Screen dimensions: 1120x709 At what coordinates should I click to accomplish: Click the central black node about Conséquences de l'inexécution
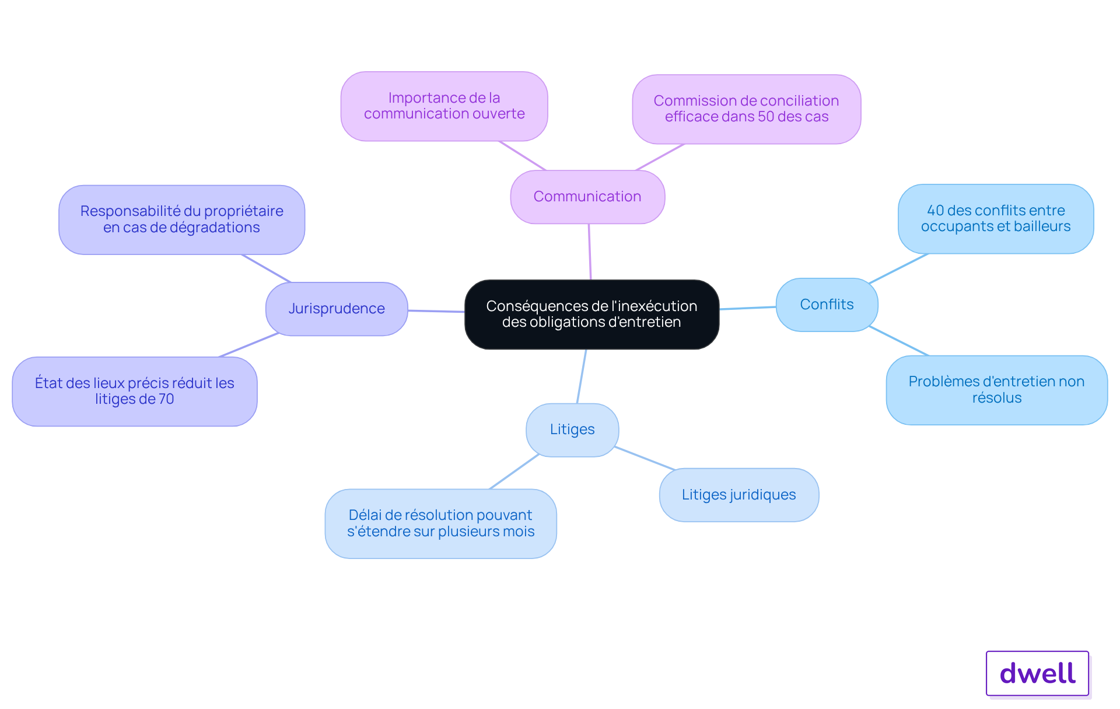(x=591, y=315)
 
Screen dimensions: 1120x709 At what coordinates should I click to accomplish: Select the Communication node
(x=587, y=197)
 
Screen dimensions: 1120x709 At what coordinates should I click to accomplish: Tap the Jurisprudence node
(x=337, y=309)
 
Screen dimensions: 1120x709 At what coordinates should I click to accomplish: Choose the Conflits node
(x=827, y=305)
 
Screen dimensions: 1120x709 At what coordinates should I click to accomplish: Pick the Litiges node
(x=572, y=430)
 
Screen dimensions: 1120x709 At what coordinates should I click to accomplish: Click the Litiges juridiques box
(x=739, y=495)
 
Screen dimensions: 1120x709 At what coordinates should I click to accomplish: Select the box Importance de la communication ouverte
(x=444, y=106)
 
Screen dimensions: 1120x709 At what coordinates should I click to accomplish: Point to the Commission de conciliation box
(x=747, y=109)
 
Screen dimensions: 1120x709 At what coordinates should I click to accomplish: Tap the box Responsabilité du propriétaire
(x=181, y=220)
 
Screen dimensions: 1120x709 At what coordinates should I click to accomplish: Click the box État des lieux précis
(x=135, y=392)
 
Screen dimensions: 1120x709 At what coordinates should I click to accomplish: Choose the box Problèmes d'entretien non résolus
(x=997, y=390)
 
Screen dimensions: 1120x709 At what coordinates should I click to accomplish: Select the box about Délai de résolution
(x=440, y=523)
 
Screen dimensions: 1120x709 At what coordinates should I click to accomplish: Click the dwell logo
(x=1038, y=673)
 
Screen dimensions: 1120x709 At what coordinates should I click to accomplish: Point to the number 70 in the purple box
(x=166, y=399)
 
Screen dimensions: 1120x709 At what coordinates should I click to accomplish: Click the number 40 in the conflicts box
(x=936, y=211)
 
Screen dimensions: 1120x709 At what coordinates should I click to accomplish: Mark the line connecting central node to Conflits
(x=748, y=308)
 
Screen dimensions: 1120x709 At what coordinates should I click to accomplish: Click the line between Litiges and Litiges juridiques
(x=645, y=459)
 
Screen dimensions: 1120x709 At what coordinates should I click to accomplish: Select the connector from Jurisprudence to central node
(x=436, y=311)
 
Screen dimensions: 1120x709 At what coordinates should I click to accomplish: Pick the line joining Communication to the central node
(x=590, y=252)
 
